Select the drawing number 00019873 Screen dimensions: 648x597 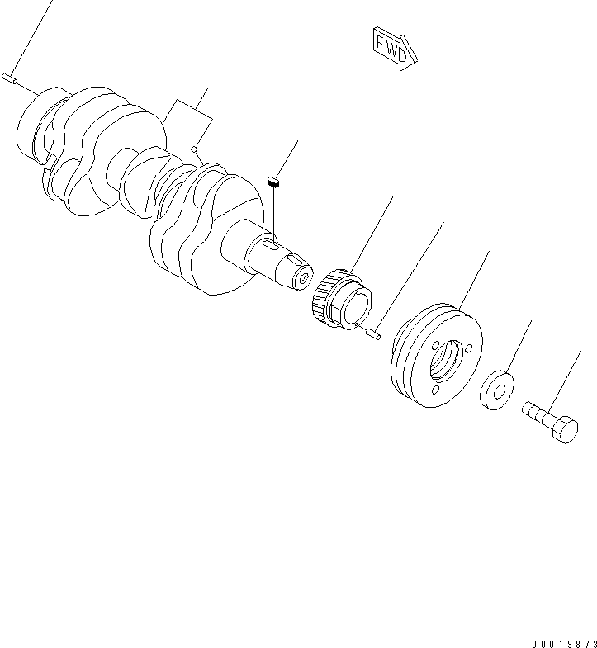564,641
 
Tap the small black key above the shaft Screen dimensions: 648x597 276,179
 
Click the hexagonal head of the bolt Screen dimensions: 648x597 565,430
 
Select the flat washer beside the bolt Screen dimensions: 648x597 496,390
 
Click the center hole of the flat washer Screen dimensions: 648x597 498,389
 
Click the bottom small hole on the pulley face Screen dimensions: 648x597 435,386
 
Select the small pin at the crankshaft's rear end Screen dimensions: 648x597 10,78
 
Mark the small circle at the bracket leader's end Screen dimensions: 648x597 194,150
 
